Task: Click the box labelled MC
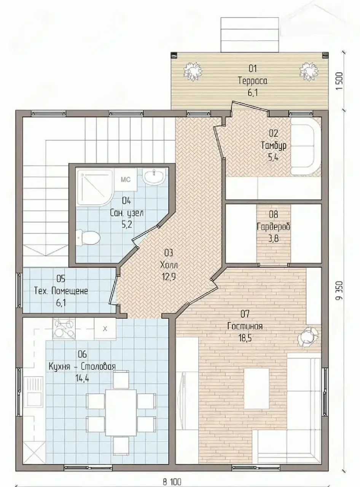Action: pyautogui.click(x=126, y=179)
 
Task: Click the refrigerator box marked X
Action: pyautogui.click(x=105, y=329)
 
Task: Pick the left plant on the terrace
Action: pyautogui.click(x=193, y=72)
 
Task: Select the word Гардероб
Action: pyautogui.click(x=273, y=227)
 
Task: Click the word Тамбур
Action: pyautogui.click(x=274, y=146)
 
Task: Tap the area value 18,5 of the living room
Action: pyautogui.click(x=245, y=338)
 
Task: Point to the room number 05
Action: pyautogui.click(x=61, y=279)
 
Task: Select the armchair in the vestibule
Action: pyautogui.click(x=305, y=149)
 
